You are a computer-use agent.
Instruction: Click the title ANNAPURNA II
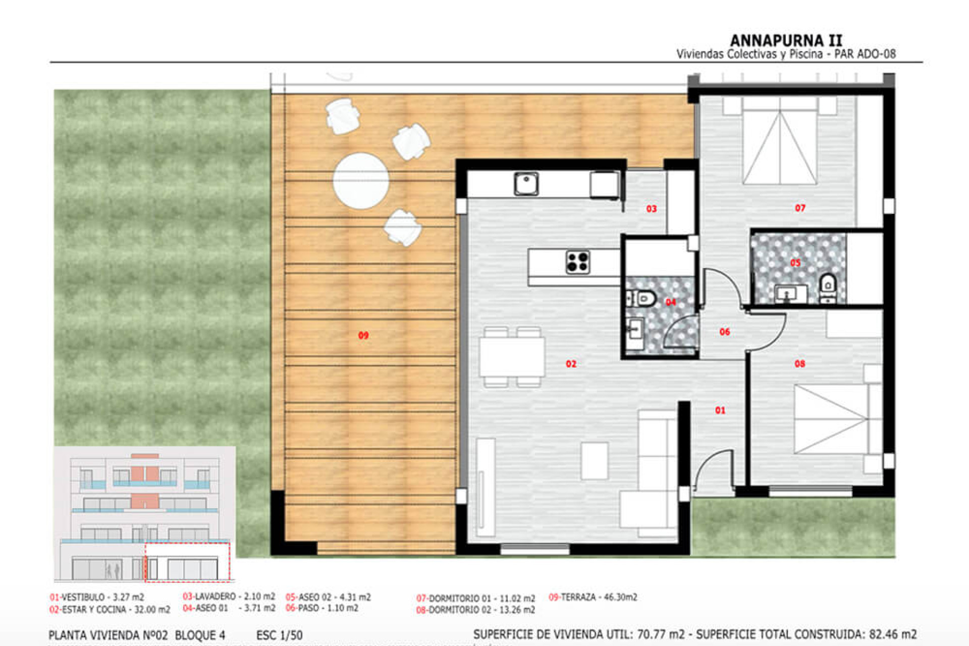click(x=786, y=40)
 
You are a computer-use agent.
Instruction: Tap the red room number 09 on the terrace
click(x=363, y=336)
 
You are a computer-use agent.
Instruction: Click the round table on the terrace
click(x=361, y=181)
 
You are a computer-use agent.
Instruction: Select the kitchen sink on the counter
click(x=526, y=184)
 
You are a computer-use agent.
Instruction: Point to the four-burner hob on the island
click(x=577, y=262)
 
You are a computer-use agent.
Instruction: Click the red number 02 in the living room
click(x=571, y=364)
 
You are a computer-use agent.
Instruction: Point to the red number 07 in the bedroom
click(x=800, y=208)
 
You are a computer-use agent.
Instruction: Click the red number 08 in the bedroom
click(x=800, y=364)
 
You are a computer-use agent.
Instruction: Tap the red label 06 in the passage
click(x=725, y=332)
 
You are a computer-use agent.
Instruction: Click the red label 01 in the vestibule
click(x=720, y=411)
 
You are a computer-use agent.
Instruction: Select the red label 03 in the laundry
click(x=652, y=209)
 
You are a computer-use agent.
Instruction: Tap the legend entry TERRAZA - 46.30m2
click(x=593, y=597)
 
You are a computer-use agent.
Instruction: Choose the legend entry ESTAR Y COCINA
click(x=110, y=610)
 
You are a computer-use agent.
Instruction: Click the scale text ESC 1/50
click(x=279, y=635)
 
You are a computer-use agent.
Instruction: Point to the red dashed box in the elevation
click(x=187, y=562)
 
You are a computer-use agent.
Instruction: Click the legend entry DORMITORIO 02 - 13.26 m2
click(x=475, y=610)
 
